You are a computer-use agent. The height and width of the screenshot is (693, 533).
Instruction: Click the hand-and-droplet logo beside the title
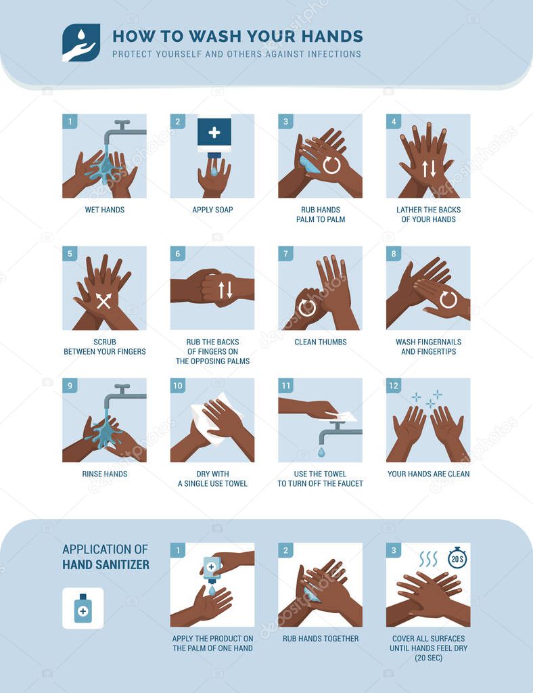81,43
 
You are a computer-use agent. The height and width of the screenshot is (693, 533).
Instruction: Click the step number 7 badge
285,254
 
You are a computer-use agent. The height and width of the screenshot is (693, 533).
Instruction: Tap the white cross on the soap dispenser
214,132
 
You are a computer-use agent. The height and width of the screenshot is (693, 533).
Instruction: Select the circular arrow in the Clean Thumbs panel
307,307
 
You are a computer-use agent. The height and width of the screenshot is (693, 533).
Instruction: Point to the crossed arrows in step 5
103,301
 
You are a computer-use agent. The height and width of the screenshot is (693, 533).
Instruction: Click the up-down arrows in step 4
429,169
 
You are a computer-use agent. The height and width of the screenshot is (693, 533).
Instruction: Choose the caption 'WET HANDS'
104,210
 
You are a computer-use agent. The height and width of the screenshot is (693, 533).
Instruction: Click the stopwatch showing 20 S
458,557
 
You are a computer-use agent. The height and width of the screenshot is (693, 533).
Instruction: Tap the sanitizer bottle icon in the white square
83,608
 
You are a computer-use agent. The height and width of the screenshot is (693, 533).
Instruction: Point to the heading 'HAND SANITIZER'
106,564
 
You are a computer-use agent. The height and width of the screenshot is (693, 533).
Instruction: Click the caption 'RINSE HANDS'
104,474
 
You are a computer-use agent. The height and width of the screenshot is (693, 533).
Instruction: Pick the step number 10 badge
178,386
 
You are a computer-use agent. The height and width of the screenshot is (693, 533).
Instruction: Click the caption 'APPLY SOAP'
212,210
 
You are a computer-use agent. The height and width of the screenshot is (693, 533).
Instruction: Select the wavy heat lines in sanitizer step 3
427,558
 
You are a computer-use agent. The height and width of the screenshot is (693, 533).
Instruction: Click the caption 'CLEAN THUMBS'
320,342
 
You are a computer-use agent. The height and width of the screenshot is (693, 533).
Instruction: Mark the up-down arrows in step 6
226,289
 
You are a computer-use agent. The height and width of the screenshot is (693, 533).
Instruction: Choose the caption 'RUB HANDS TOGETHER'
320,638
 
